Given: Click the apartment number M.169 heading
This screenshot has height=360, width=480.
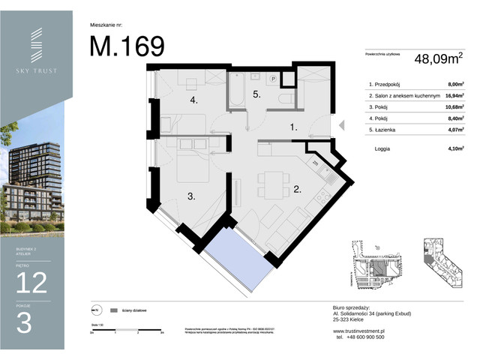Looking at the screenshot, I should pos(127,46).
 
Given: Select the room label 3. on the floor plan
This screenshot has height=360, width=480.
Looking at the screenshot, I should pos(191,196).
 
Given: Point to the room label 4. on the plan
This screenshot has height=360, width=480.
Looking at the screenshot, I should pos(193,100).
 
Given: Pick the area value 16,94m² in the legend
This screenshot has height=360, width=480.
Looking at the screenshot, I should pos(450,95).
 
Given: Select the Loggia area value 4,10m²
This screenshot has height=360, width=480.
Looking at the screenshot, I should pos(450,148).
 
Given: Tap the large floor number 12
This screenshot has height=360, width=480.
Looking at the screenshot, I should pos(31,282).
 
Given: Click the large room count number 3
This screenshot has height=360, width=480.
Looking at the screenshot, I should pos(24,323).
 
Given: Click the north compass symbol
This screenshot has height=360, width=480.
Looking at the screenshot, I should pos(95,309).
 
